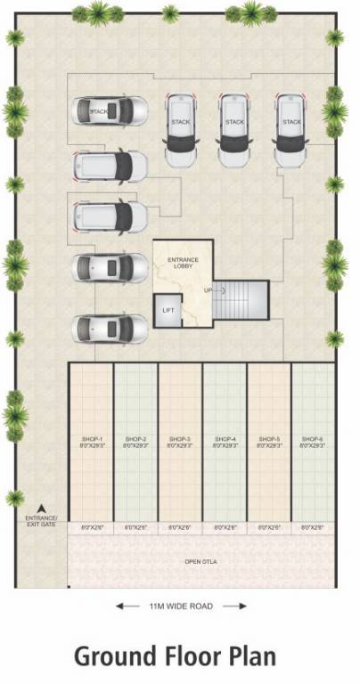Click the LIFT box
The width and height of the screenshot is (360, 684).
pos(168,310)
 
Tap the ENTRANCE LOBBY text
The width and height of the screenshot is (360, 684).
pos(183,262)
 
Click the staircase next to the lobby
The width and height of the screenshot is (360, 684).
pos(241,303)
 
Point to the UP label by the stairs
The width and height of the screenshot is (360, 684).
pos(208,290)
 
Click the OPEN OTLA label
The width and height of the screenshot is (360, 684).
pos(200,562)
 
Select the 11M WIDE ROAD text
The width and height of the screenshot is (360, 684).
pos(182,607)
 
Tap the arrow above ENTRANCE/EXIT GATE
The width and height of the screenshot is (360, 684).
pos(40,508)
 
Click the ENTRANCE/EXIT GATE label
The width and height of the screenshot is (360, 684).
pos(40,521)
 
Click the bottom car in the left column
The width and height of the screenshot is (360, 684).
pos(110,328)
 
